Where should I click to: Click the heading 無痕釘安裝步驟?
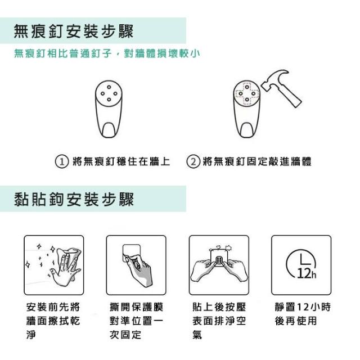click(x=74, y=31)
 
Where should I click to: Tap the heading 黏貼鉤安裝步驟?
click(x=74, y=199)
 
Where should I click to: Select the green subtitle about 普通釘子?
click(x=107, y=54)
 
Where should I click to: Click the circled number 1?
click(x=62, y=161)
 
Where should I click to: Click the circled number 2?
click(x=193, y=161)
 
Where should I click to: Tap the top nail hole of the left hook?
click(x=109, y=87)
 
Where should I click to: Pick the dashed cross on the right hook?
click(x=246, y=93)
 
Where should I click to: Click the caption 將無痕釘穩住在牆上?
click(x=121, y=161)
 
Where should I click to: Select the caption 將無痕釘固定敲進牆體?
click(x=257, y=161)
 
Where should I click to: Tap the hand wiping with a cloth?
click(x=65, y=266)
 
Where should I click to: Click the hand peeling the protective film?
click(x=139, y=271)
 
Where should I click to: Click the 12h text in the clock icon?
click(x=307, y=274)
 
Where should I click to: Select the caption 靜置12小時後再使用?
click(x=303, y=314)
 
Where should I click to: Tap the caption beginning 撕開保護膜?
click(x=137, y=321)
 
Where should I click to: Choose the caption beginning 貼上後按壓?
click(x=219, y=321)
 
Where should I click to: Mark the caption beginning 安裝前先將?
click(x=53, y=321)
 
